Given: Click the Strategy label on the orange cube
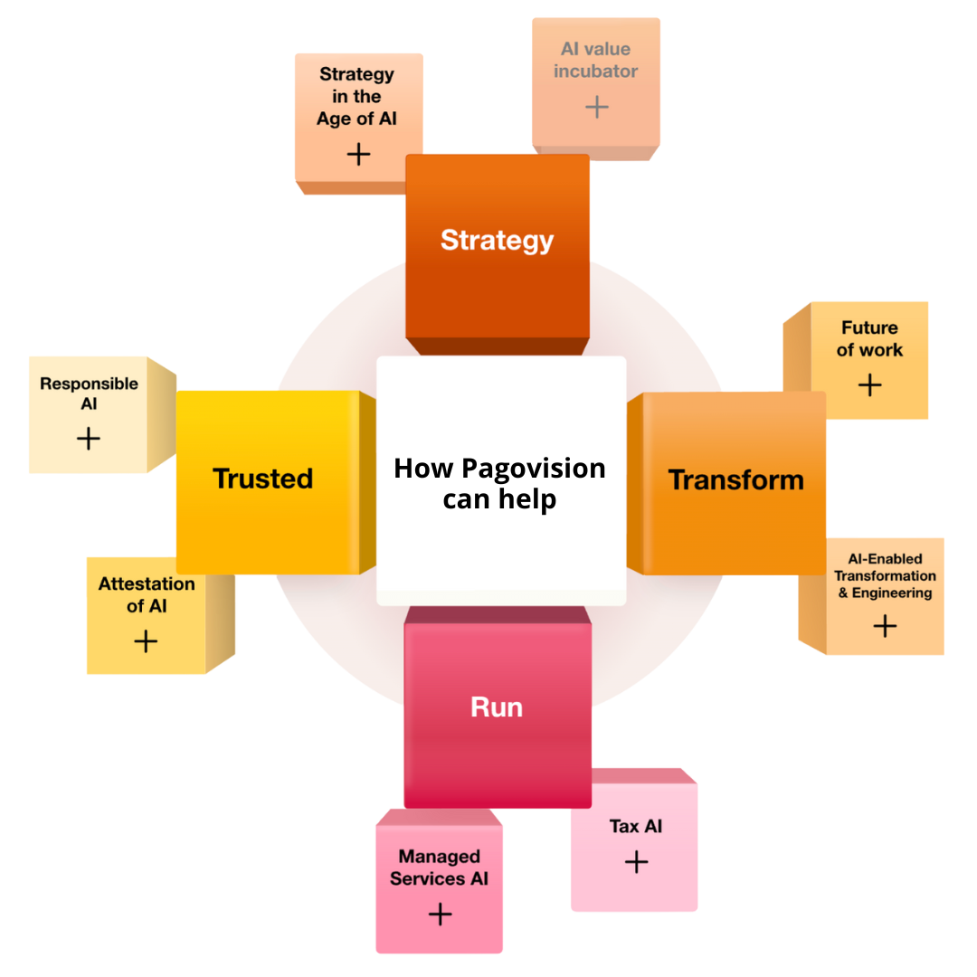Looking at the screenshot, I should click(x=497, y=241).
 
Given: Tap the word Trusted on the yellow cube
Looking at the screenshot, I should click(x=262, y=479).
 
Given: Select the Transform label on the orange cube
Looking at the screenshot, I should click(x=735, y=479).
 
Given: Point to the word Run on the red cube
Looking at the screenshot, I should click(x=497, y=707).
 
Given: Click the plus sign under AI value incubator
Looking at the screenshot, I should click(x=596, y=108).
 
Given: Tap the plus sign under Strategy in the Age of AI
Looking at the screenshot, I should click(x=359, y=154).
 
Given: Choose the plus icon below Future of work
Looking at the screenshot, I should click(x=869, y=385).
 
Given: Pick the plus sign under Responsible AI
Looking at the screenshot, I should click(x=89, y=439).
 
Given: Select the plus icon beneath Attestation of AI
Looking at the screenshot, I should click(x=146, y=641).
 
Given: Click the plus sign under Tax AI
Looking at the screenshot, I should click(x=636, y=861).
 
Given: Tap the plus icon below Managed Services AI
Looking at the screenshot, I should click(x=440, y=915).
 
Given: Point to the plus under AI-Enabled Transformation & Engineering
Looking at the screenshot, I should click(x=885, y=626).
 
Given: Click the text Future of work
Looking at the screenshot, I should click(x=869, y=338).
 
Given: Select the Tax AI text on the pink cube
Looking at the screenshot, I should click(x=636, y=826).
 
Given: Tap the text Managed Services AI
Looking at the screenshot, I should click(x=440, y=868).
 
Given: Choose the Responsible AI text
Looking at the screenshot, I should click(x=89, y=394).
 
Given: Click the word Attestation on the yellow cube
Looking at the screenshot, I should click(x=147, y=584).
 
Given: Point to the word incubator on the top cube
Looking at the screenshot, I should click(x=596, y=71).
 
